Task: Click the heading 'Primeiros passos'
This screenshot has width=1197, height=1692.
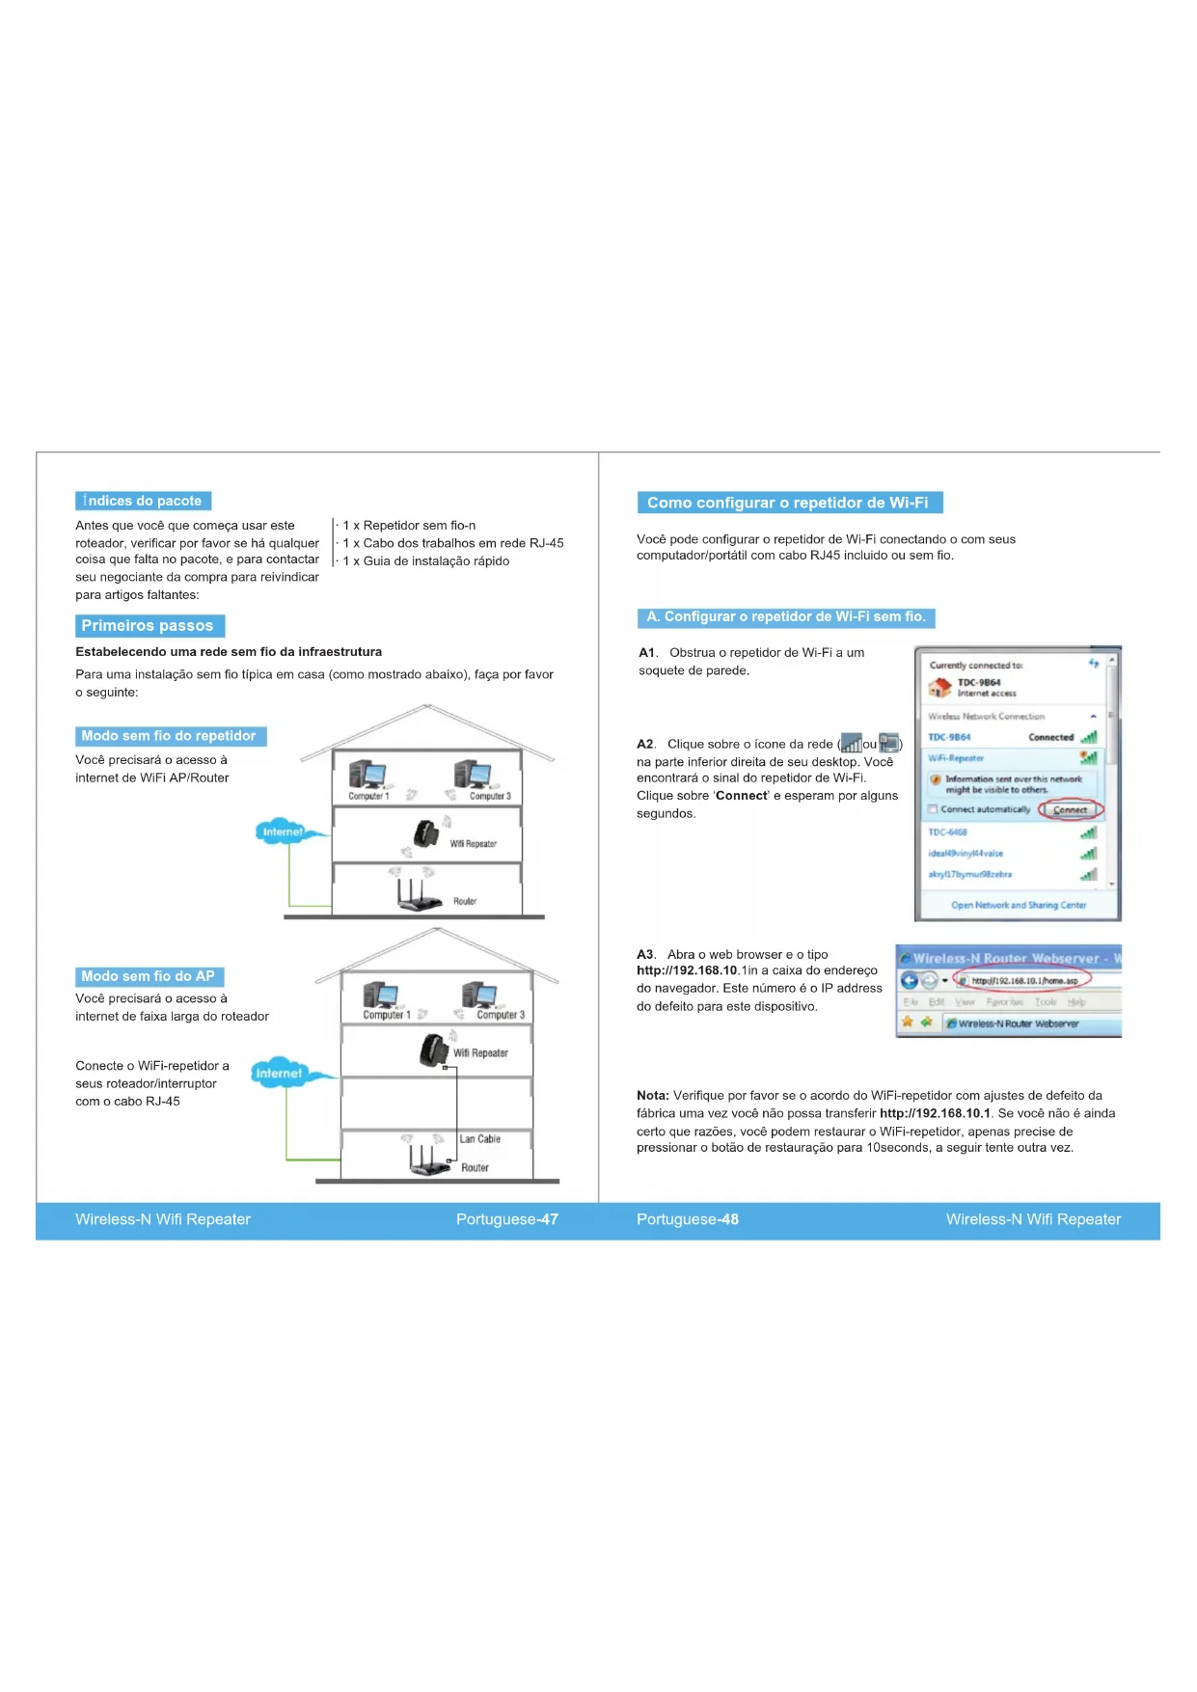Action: (x=149, y=626)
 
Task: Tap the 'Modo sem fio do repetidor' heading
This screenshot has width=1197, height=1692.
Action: (x=170, y=736)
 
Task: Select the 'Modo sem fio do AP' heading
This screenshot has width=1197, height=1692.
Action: (x=149, y=976)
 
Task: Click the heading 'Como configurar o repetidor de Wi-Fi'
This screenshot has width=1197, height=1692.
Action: (x=788, y=503)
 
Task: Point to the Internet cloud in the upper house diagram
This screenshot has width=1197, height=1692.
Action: (x=282, y=832)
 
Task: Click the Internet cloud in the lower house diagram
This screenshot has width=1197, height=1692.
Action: (x=279, y=1073)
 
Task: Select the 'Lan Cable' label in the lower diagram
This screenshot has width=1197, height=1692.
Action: (x=479, y=1139)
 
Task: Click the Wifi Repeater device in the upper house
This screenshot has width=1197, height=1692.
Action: (x=425, y=832)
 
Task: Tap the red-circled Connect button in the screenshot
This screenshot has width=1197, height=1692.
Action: (x=1070, y=809)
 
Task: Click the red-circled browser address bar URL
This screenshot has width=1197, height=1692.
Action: (x=1024, y=980)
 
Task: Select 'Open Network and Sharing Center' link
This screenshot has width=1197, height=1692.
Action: (x=1019, y=905)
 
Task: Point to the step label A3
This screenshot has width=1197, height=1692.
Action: (x=645, y=954)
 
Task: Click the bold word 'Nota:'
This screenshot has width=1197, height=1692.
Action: (x=652, y=1095)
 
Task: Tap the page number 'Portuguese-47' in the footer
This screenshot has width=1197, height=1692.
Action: (x=506, y=1219)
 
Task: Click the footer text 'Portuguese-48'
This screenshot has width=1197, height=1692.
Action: (x=688, y=1219)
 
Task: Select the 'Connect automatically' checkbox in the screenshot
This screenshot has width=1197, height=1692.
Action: (x=933, y=809)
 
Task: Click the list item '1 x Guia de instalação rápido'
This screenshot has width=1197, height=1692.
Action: (x=426, y=560)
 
